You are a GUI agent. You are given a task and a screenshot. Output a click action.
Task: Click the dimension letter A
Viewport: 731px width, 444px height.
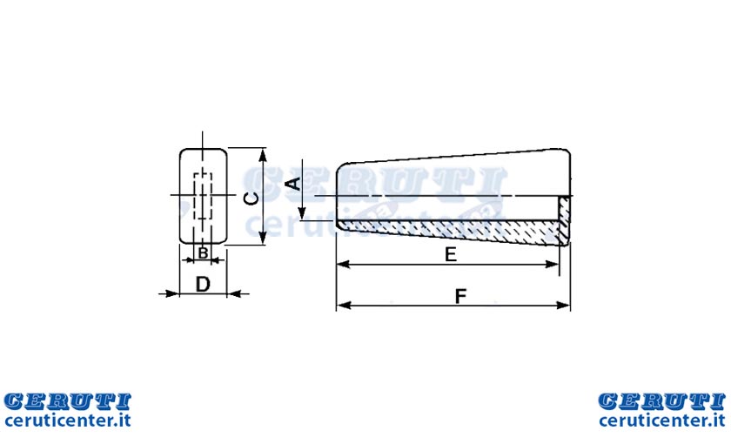tap(294, 184)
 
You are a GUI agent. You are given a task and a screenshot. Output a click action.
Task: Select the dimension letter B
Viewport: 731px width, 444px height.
tap(204, 252)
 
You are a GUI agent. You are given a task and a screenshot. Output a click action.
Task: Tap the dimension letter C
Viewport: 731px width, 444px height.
tap(251, 199)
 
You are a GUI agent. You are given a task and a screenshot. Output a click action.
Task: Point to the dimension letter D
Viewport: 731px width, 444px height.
tap(203, 284)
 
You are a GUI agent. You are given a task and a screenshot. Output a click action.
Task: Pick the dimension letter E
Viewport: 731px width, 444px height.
tap(451, 254)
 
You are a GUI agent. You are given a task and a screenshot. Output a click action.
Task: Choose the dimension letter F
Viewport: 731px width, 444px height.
tap(460, 296)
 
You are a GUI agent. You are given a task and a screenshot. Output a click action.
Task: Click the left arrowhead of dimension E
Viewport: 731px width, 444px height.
tap(343, 265)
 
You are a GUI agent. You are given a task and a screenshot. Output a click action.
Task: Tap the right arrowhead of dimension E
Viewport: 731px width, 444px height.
tap(552, 265)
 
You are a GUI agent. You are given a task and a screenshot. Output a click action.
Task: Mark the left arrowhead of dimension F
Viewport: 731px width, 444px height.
tap(344, 306)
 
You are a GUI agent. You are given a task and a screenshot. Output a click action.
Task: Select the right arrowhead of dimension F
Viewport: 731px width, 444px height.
tap(563, 306)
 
